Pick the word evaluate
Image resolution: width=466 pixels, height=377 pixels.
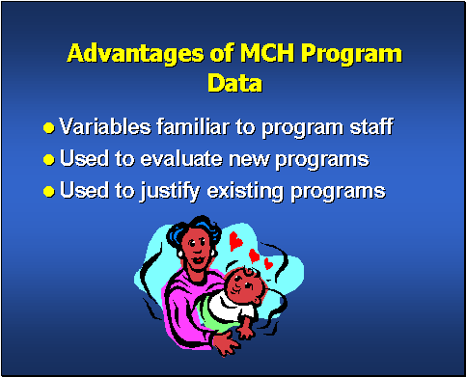click(x=174, y=158)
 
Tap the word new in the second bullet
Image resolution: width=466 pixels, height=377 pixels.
click(x=245, y=158)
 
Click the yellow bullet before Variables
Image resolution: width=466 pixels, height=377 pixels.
click(x=49, y=127)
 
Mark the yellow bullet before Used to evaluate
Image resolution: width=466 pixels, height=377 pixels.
click(x=49, y=159)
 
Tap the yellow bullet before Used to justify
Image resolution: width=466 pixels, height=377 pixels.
click(x=49, y=191)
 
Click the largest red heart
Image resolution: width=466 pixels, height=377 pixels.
click(x=235, y=241)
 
